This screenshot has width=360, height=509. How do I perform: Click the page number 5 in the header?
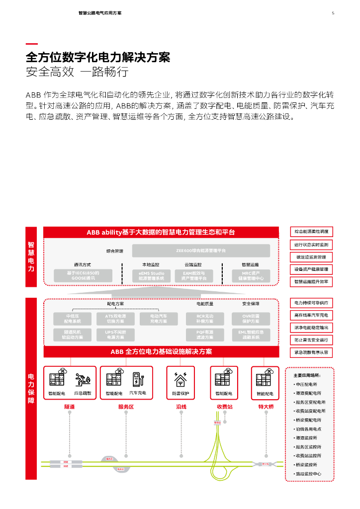333,13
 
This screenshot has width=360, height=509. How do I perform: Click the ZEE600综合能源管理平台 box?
201,251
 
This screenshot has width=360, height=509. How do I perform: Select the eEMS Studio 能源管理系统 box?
151,276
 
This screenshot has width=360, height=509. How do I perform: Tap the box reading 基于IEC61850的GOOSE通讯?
83,276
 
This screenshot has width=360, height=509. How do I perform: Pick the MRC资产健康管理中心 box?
250,276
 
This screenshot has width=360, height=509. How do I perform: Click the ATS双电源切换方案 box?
115,319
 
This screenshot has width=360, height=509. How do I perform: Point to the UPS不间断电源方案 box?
115,335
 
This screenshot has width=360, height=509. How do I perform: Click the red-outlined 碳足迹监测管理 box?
311,257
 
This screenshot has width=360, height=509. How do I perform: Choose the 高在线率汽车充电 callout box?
311,315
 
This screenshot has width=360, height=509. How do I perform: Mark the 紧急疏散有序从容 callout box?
311,352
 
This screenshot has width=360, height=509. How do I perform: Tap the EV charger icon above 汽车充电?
137,379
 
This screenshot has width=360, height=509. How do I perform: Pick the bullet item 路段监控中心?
309,474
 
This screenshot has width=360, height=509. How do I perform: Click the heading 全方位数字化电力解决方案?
98,57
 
